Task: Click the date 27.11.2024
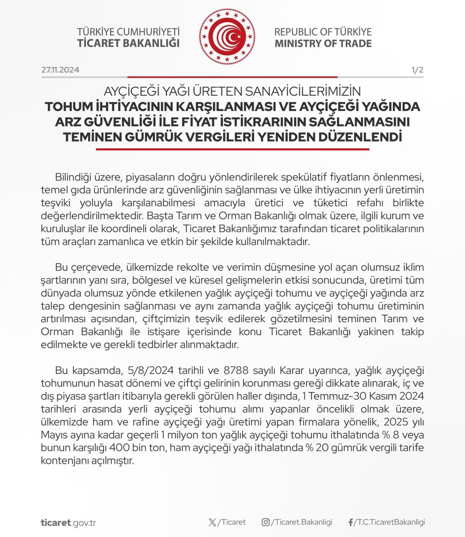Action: pos(60,70)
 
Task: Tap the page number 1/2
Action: pos(417,70)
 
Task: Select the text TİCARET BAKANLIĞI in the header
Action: pos(128,43)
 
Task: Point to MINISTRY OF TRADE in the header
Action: pos(323,43)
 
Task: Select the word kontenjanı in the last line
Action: pos(62,461)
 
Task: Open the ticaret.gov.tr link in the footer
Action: pos(68,522)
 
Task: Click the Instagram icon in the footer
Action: pos(265,522)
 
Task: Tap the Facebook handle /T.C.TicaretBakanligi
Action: pos(389,522)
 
